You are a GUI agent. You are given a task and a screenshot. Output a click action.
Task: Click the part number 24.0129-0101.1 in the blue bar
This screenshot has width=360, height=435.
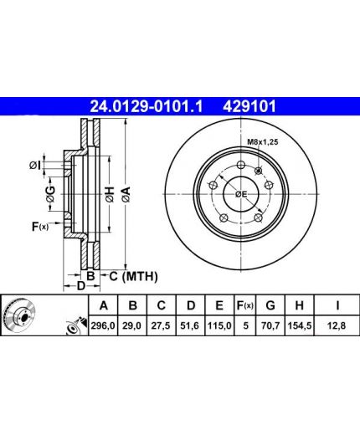click(147, 106)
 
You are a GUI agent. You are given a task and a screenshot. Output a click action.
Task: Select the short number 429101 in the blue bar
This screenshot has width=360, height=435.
click(249, 106)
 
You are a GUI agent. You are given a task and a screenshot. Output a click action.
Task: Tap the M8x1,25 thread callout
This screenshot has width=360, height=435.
click(263, 142)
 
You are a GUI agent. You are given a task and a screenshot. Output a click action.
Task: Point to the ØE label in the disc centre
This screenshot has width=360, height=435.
click(241, 194)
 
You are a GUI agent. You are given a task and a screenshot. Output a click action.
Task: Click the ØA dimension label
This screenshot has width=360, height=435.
click(126, 194)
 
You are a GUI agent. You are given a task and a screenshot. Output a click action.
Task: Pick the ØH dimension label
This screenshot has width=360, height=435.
click(110, 194)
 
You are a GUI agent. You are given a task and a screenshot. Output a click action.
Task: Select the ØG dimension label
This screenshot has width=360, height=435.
click(50, 194)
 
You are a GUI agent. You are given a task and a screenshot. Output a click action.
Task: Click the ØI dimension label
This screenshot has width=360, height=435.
click(35, 166)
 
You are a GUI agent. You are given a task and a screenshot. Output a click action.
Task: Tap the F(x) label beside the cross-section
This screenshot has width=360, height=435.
click(40, 227)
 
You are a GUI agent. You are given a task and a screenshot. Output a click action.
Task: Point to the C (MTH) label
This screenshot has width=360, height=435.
click(133, 276)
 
